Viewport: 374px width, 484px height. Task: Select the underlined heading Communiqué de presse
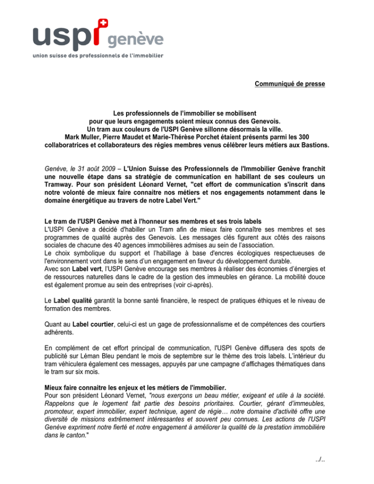point(289,84)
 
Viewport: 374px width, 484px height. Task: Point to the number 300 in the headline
point(303,137)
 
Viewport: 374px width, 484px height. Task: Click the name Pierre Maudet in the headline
point(131,137)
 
